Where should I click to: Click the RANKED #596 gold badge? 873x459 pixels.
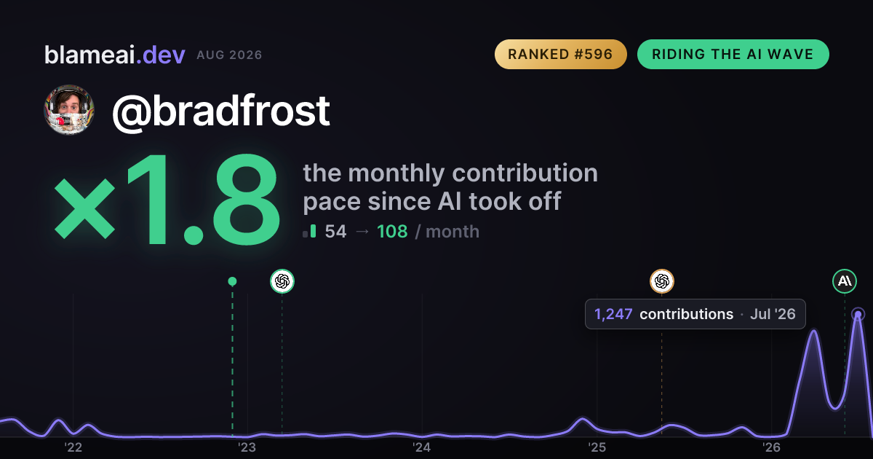560,54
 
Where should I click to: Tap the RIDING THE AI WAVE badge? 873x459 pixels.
733,54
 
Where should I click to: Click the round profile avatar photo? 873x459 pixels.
69,110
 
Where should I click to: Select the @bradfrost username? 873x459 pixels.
221,111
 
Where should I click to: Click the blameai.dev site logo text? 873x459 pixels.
115,55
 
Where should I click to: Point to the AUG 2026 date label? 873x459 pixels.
229,55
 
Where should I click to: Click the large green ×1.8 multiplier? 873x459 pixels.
167,199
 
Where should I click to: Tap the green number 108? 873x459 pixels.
392,232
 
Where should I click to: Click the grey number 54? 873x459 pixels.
335,232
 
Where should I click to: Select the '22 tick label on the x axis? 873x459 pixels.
73,447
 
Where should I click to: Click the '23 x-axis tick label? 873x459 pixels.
247,447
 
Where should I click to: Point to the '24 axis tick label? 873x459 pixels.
422,447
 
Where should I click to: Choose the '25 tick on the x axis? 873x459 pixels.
597,447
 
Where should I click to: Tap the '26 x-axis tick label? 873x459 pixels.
771,447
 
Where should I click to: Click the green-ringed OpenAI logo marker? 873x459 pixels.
282,281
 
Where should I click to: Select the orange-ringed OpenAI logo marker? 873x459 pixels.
662,281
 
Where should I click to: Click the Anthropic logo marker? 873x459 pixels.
845,281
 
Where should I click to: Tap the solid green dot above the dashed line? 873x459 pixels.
232,281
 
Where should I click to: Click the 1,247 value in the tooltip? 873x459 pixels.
613,314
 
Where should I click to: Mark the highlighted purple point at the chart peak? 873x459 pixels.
858,314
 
